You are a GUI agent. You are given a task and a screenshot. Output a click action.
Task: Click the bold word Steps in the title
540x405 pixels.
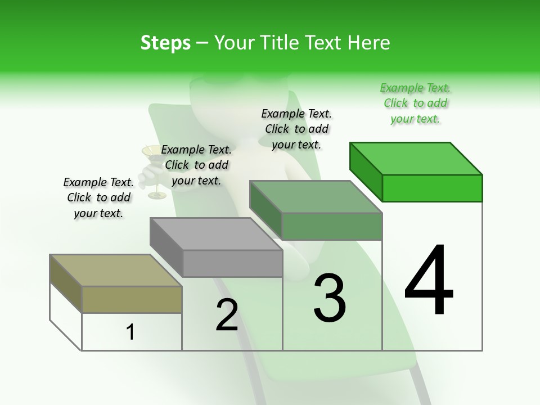click(x=165, y=43)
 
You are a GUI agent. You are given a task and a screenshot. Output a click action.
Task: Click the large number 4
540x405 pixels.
click(x=429, y=281)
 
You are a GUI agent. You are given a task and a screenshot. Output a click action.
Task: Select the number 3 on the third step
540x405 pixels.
click(x=330, y=299)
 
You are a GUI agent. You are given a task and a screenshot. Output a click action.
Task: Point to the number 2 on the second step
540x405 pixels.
click(x=227, y=315)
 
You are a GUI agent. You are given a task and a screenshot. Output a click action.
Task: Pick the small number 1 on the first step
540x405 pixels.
click(x=130, y=332)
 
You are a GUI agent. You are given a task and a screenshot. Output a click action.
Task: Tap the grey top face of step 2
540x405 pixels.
click(x=216, y=234)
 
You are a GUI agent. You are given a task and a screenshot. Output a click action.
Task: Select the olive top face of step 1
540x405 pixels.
click(x=116, y=271)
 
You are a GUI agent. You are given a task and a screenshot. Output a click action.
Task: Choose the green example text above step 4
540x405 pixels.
click(x=415, y=103)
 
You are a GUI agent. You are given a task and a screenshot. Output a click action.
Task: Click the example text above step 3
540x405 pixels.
click(x=296, y=129)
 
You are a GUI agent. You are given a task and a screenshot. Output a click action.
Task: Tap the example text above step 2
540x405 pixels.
click(x=196, y=165)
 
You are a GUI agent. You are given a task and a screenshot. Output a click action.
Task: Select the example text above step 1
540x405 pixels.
click(x=98, y=197)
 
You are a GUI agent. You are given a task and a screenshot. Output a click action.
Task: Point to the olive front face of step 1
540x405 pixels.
click(x=132, y=300)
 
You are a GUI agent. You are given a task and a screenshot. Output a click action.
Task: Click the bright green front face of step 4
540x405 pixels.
click(x=432, y=188)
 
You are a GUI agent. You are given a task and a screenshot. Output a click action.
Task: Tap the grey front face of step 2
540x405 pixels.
click(x=232, y=264)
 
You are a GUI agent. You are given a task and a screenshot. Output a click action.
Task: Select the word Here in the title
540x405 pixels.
click(x=369, y=43)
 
